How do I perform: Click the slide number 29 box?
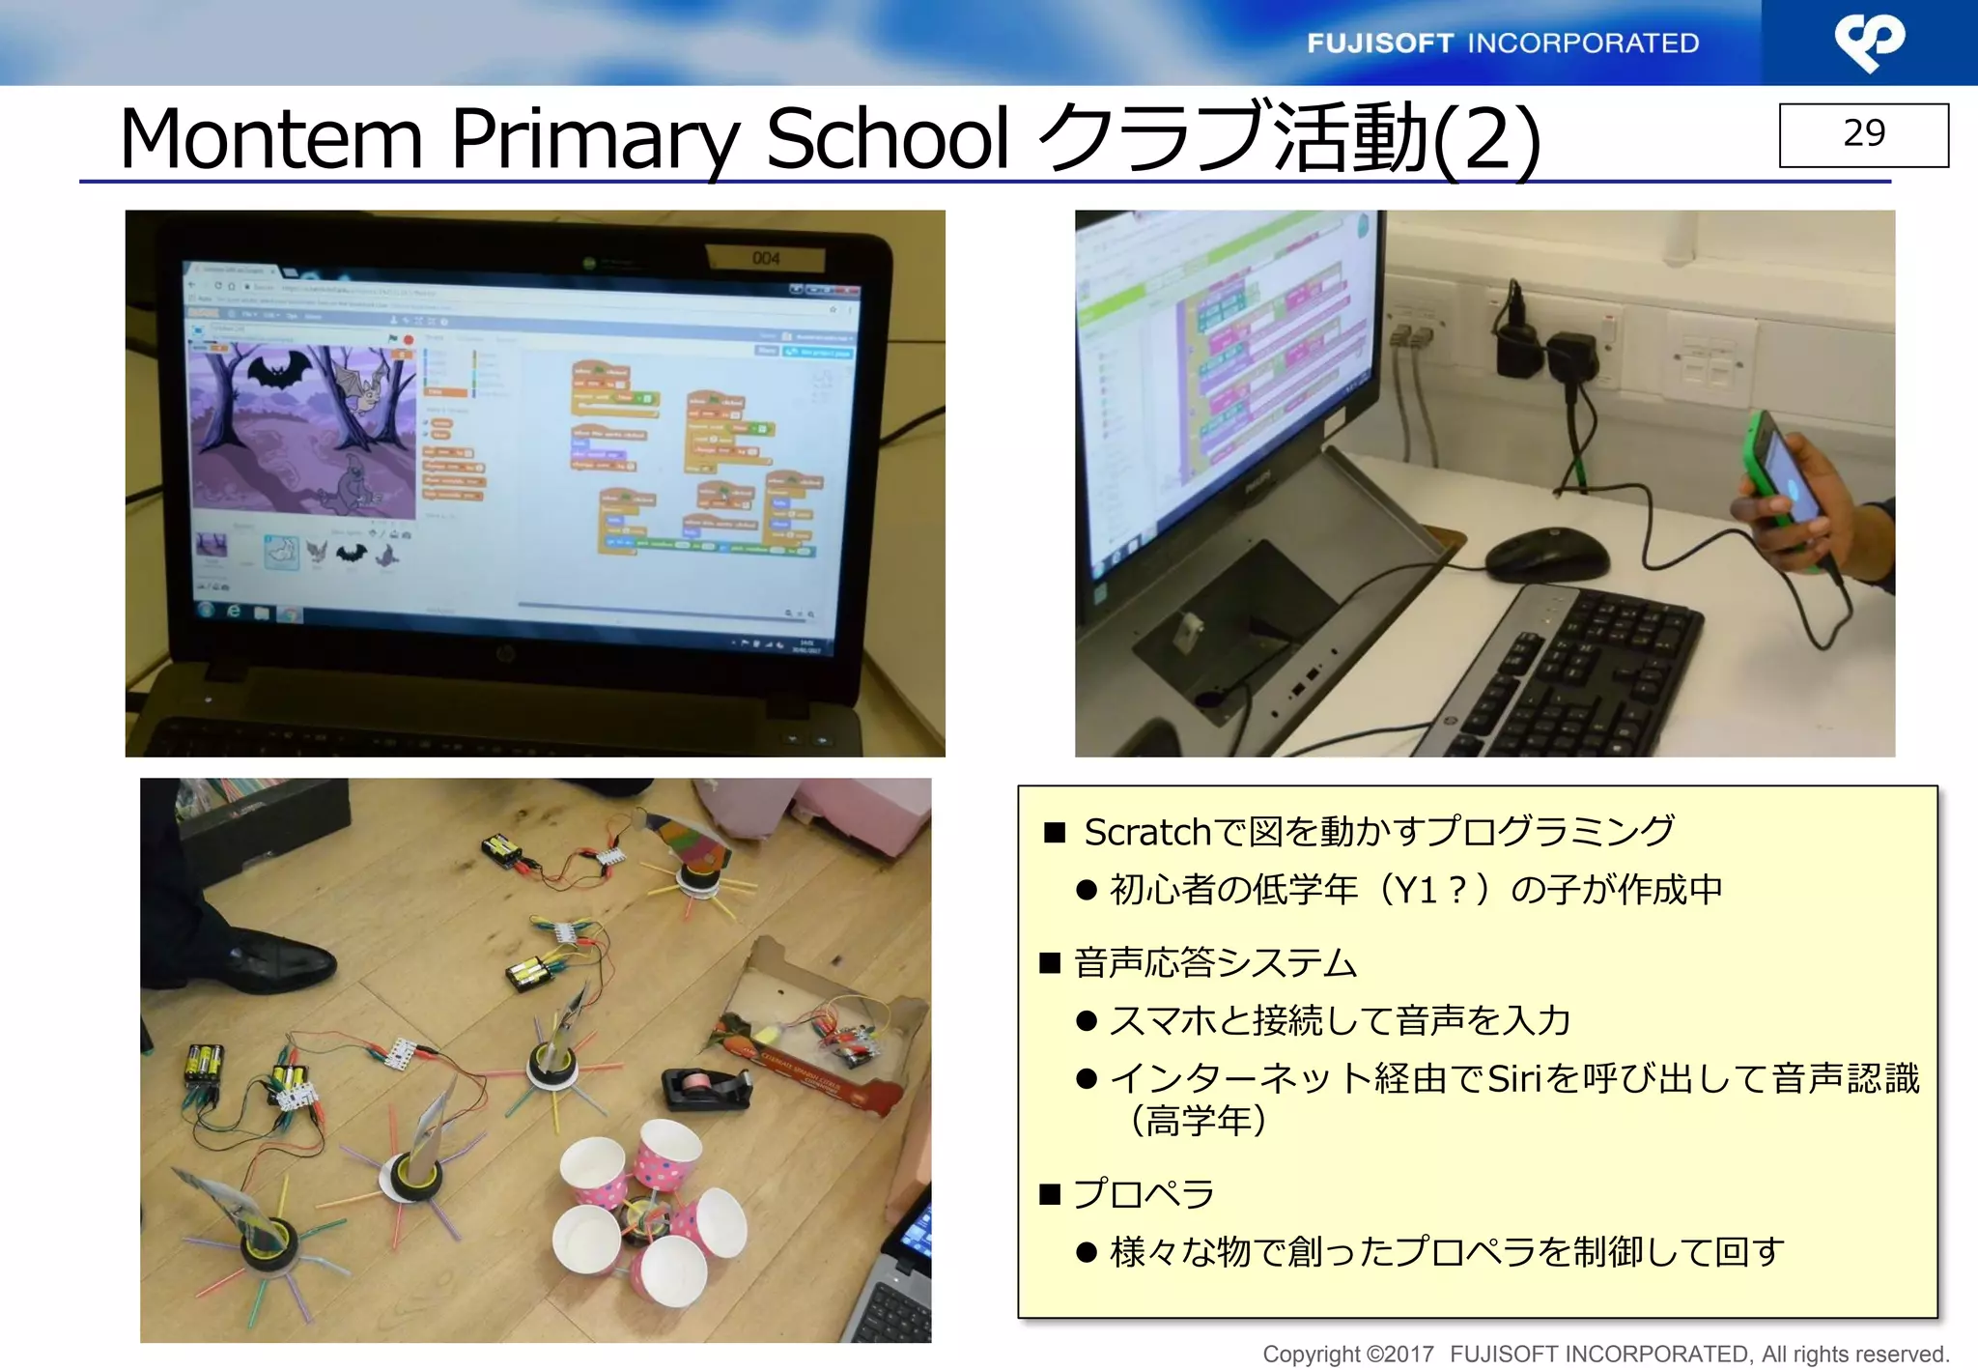(x=1863, y=134)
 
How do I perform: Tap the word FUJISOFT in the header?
(x=1379, y=43)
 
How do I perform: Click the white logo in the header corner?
(x=1869, y=43)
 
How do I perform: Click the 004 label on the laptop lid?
(x=766, y=258)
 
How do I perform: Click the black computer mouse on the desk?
(x=1547, y=556)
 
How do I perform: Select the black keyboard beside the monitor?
(x=1584, y=676)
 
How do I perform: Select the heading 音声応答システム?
(x=1215, y=963)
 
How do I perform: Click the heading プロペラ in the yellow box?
(x=1144, y=1194)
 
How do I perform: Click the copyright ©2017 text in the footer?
(x=1348, y=1355)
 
